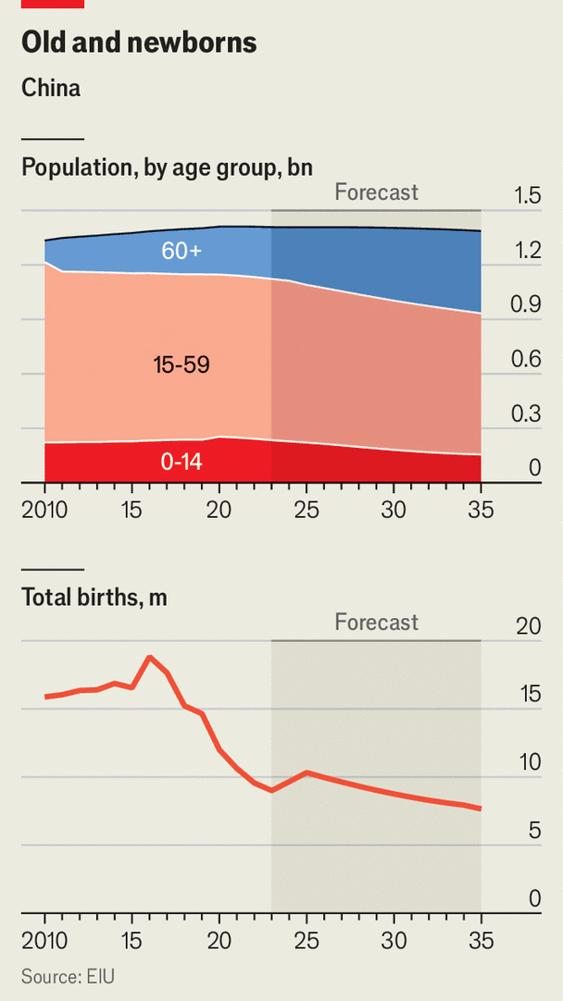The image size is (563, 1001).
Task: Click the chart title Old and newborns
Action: (x=139, y=43)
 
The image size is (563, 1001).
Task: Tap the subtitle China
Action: (x=51, y=89)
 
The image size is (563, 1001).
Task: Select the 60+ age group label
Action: (x=181, y=250)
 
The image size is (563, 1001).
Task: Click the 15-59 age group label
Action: (x=181, y=365)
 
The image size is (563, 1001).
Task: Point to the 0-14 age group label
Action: (x=181, y=461)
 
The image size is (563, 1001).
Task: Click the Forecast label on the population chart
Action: (x=376, y=192)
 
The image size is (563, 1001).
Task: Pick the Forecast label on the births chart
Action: (x=376, y=623)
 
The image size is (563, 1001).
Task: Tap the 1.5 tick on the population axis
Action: (x=528, y=196)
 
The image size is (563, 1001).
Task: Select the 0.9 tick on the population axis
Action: (x=528, y=305)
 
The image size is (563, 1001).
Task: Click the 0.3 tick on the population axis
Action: (x=528, y=414)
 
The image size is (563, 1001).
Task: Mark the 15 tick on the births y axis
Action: (x=528, y=695)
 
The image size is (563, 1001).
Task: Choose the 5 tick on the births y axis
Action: (x=534, y=831)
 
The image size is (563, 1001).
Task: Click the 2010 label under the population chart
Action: (x=44, y=510)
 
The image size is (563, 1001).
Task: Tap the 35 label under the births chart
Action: (x=482, y=941)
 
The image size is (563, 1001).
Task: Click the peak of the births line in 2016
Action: (x=150, y=657)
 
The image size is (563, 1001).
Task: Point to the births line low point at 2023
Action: (x=271, y=791)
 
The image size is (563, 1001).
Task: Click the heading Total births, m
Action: (x=94, y=598)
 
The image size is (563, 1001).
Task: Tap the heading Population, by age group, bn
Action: (x=167, y=167)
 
